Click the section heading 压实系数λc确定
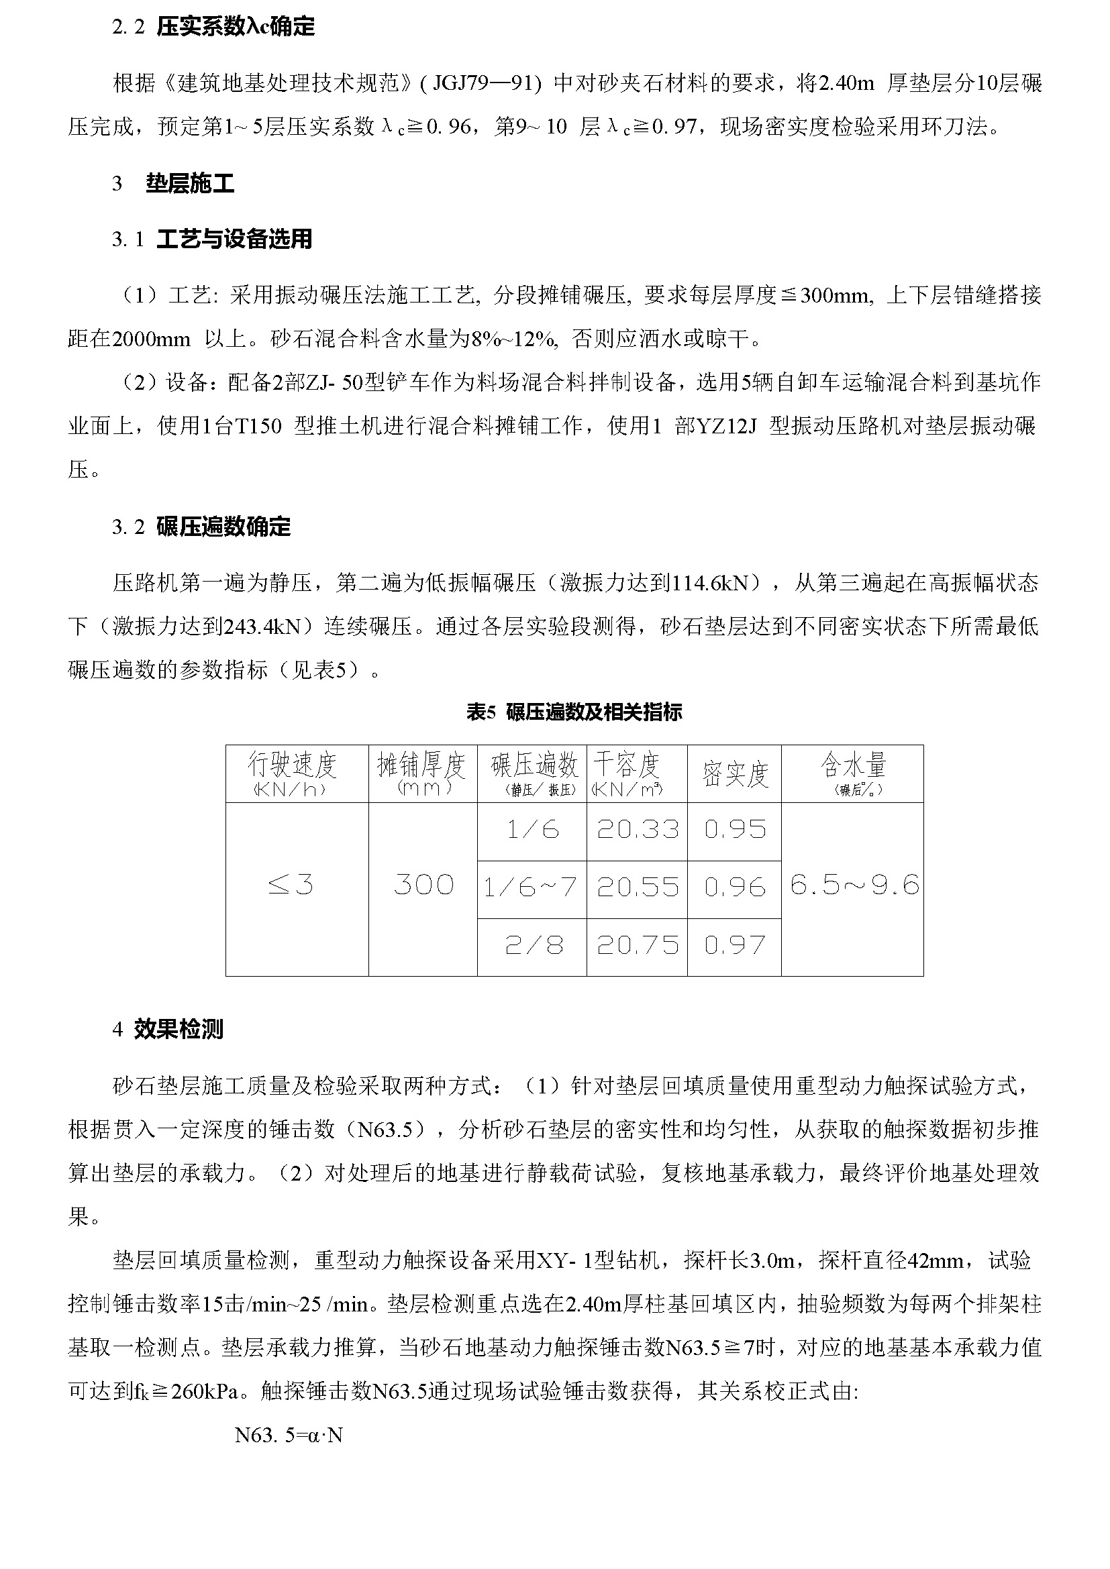(235, 28)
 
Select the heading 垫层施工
(190, 183)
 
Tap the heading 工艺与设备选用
(234, 239)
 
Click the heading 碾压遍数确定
(223, 527)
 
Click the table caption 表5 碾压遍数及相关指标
(574, 713)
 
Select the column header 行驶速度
(293, 767)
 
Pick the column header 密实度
(735, 774)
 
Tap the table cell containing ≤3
(291, 885)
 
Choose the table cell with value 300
(423, 885)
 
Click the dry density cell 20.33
(638, 830)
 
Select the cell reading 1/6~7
(530, 887)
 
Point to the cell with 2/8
(534, 946)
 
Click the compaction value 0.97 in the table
(735, 946)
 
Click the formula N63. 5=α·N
(289, 1436)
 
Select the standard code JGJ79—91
(485, 84)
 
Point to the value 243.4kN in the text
(263, 627)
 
